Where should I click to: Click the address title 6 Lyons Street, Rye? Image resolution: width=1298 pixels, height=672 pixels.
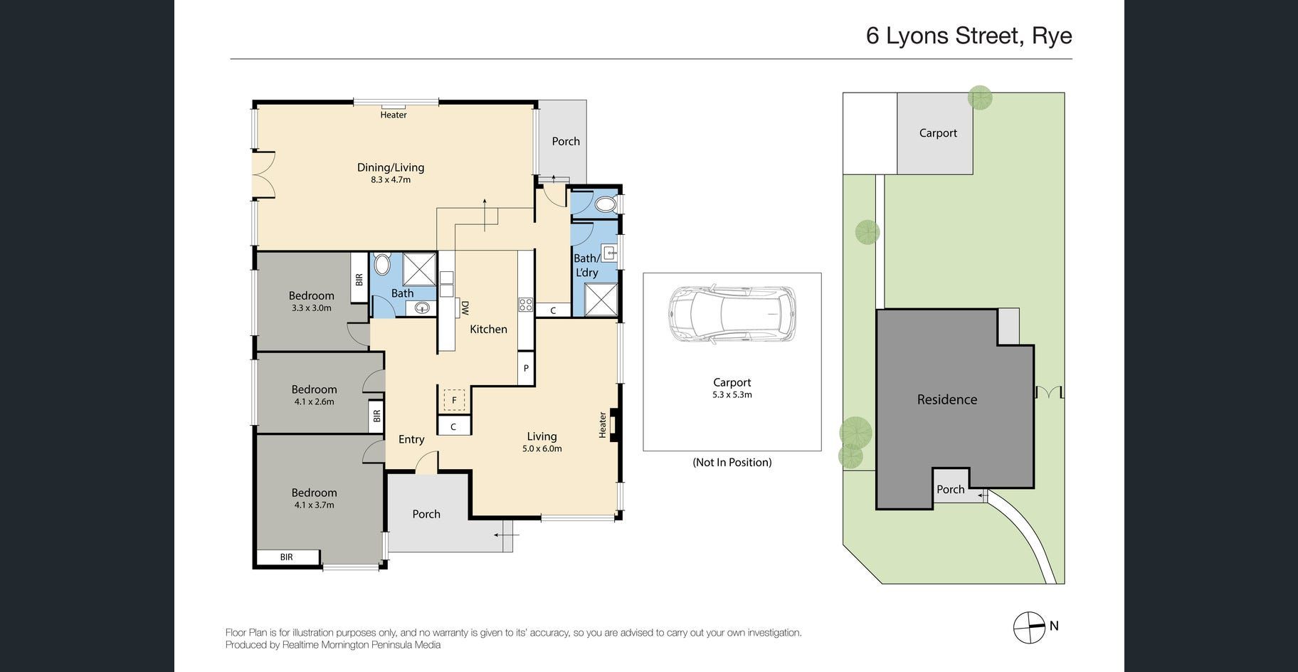[x=969, y=36]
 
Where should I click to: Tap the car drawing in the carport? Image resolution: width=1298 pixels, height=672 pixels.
[x=732, y=314]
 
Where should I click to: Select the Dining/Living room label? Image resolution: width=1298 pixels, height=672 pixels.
[x=391, y=167]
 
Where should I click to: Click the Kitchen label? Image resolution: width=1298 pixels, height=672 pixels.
[x=488, y=329]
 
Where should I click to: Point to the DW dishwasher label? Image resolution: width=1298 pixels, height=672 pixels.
[x=465, y=308]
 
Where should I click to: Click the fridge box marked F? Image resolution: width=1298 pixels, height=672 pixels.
[x=454, y=400]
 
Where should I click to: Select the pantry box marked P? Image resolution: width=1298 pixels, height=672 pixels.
[x=526, y=368]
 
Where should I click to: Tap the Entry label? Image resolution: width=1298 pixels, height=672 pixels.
[x=411, y=439]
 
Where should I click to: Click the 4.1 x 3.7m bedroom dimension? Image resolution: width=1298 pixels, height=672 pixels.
[x=314, y=505]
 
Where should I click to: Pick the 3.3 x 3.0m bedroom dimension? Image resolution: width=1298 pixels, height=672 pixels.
[x=311, y=308]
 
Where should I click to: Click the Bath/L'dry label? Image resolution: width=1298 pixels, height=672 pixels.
[x=586, y=266]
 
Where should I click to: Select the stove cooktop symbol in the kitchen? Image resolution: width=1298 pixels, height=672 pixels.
[x=526, y=305]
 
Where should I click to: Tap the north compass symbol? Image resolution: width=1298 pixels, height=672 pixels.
[x=1029, y=627]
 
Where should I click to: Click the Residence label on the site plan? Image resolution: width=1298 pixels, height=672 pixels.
[x=946, y=399]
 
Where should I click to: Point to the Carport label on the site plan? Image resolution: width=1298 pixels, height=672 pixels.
[x=938, y=133]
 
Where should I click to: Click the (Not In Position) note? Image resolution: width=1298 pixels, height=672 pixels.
[x=732, y=463]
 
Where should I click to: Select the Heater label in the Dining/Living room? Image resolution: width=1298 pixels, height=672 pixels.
[x=394, y=115]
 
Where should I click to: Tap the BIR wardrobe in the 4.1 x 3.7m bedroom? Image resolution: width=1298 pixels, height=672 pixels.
[x=287, y=557]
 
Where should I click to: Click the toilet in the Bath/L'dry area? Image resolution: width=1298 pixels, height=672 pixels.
[x=605, y=205]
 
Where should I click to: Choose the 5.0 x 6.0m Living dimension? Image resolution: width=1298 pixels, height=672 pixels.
[x=542, y=449]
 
